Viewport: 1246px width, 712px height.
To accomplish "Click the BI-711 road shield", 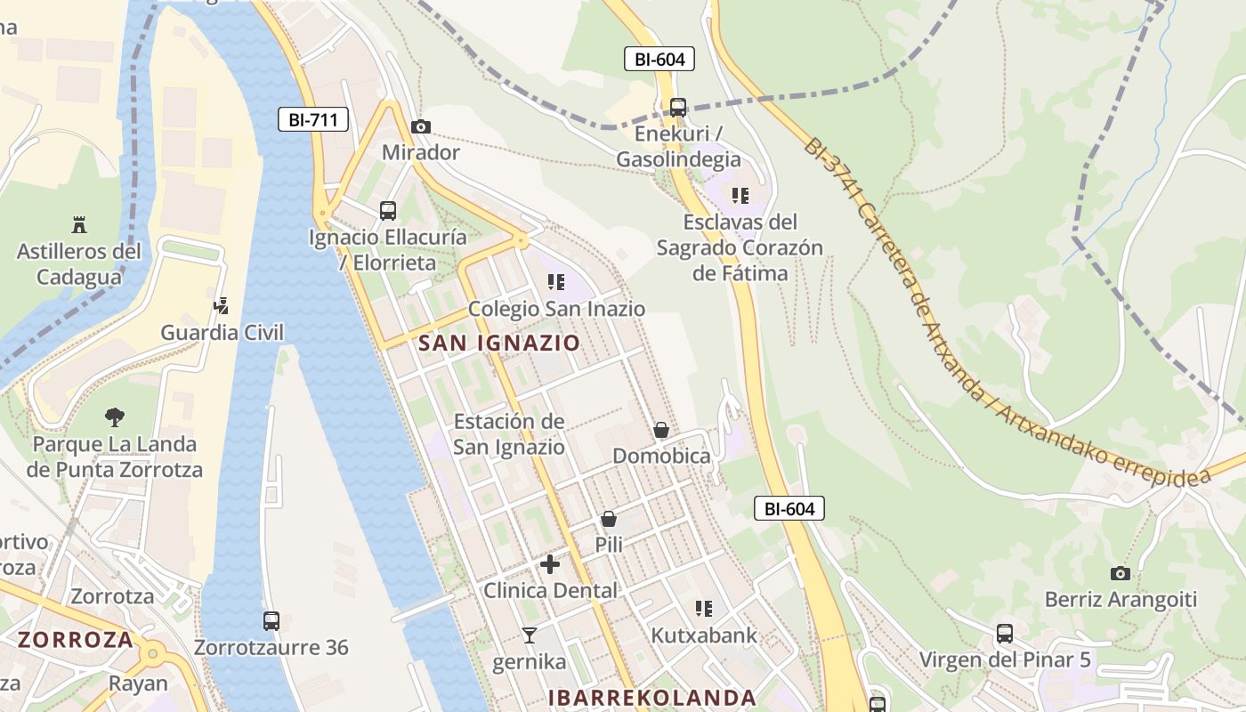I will tap(312, 119).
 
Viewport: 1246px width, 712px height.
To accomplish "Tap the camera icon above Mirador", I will tap(421, 127).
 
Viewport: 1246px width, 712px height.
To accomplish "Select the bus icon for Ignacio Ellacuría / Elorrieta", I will tap(388, 211).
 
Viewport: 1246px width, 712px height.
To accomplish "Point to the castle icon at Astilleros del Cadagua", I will tap(78, 224).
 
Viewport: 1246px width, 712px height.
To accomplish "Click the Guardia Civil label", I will tap(222, 333).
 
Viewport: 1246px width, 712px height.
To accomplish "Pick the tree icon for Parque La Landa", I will tap(114, 417).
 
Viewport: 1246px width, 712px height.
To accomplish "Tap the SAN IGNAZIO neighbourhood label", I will tap(498, 343).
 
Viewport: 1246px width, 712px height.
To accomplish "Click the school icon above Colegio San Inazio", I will tap(556, 283).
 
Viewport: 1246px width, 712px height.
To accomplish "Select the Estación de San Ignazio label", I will tap(509, 433).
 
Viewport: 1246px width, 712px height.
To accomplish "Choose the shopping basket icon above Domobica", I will tap(661, 430).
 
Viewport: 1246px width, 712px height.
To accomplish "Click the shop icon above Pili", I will tap(609, 518).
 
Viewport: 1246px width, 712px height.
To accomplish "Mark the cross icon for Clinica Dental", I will tap(550, 563).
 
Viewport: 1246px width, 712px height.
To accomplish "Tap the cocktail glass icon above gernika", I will tap(530, 635).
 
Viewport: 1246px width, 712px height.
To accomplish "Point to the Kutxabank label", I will tap(704, 635).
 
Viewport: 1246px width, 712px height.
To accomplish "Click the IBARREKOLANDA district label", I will tap(652, 698).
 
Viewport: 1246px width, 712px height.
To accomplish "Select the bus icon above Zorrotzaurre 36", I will tap(271, 621).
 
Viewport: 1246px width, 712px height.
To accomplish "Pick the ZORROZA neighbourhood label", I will tap(76, 639).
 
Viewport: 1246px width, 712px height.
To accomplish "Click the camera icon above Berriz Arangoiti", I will tap(1121, 573).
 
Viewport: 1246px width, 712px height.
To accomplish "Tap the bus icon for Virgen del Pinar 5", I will tap(1005, 634).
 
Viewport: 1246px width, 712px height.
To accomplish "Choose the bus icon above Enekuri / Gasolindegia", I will tap(678, 108).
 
